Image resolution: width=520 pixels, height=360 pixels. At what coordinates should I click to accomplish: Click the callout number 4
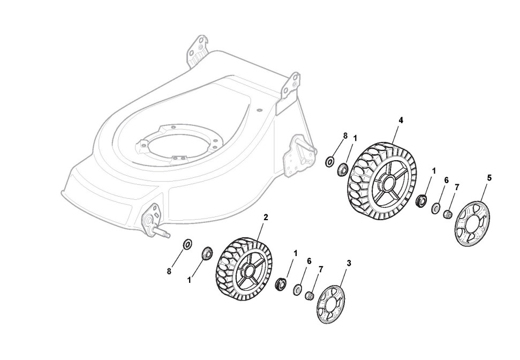401,120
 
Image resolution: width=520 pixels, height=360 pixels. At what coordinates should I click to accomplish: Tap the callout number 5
489,177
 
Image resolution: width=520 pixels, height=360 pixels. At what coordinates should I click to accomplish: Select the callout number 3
349,263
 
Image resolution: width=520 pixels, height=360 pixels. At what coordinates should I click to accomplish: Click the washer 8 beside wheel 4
330,161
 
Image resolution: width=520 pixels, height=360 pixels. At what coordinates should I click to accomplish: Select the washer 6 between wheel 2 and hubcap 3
297,290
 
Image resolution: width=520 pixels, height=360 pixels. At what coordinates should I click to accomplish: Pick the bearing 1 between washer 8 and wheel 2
205,252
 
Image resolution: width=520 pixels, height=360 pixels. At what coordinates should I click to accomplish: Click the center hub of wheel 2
248,271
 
